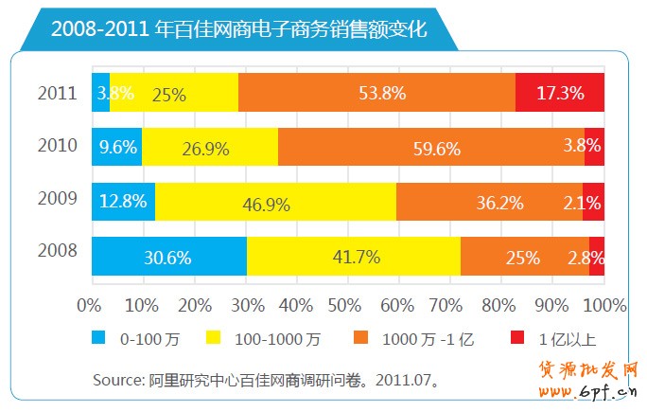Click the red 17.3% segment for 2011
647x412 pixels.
560,93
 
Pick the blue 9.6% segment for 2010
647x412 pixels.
116,147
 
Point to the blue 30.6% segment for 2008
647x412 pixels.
168,257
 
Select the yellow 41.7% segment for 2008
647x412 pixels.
354,257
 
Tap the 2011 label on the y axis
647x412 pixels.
56,93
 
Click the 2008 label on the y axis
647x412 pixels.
56,251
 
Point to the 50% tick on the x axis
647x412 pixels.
348,305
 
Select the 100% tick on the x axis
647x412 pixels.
605,305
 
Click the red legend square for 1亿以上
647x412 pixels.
516,337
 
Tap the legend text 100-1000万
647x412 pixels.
277,338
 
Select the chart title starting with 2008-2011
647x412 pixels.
238,28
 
